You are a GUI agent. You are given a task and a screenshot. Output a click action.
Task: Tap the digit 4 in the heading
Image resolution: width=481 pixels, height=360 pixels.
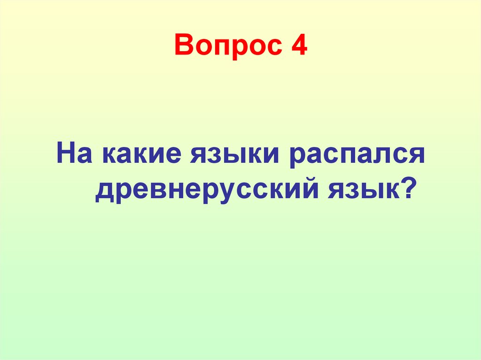(x=299, y=46)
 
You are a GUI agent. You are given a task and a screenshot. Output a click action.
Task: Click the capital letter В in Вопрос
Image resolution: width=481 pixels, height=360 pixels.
(x=183, y=46)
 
